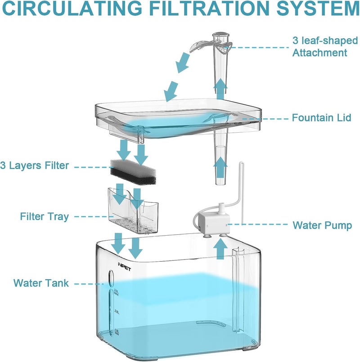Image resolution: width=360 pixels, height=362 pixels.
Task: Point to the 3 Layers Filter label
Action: tap(35, 165)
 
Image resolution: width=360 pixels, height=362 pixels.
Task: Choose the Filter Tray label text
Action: tap(44, 217)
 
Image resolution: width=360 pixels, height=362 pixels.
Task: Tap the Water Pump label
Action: tap(322, 225)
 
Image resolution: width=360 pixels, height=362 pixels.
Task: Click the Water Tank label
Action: tap(41, 283)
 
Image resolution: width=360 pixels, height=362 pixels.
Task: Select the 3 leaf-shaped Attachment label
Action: tap(319, 47)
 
